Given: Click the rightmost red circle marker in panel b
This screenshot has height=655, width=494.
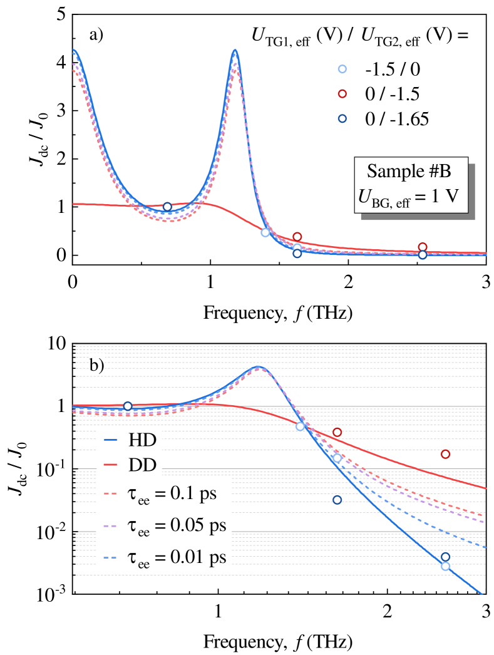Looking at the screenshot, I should click(x=445, y=454).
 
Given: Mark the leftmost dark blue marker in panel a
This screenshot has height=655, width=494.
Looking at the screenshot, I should click(x=167, y=207).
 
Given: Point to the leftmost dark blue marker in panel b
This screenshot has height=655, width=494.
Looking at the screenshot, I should click(x=128, y=406).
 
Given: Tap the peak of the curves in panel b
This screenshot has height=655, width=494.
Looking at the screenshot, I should click(x=257, y=366).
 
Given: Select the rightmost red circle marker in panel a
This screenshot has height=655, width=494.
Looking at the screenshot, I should click(x=423, y=247).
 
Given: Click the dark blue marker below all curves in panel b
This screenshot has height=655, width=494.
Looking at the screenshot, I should click(x=337, y=500).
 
